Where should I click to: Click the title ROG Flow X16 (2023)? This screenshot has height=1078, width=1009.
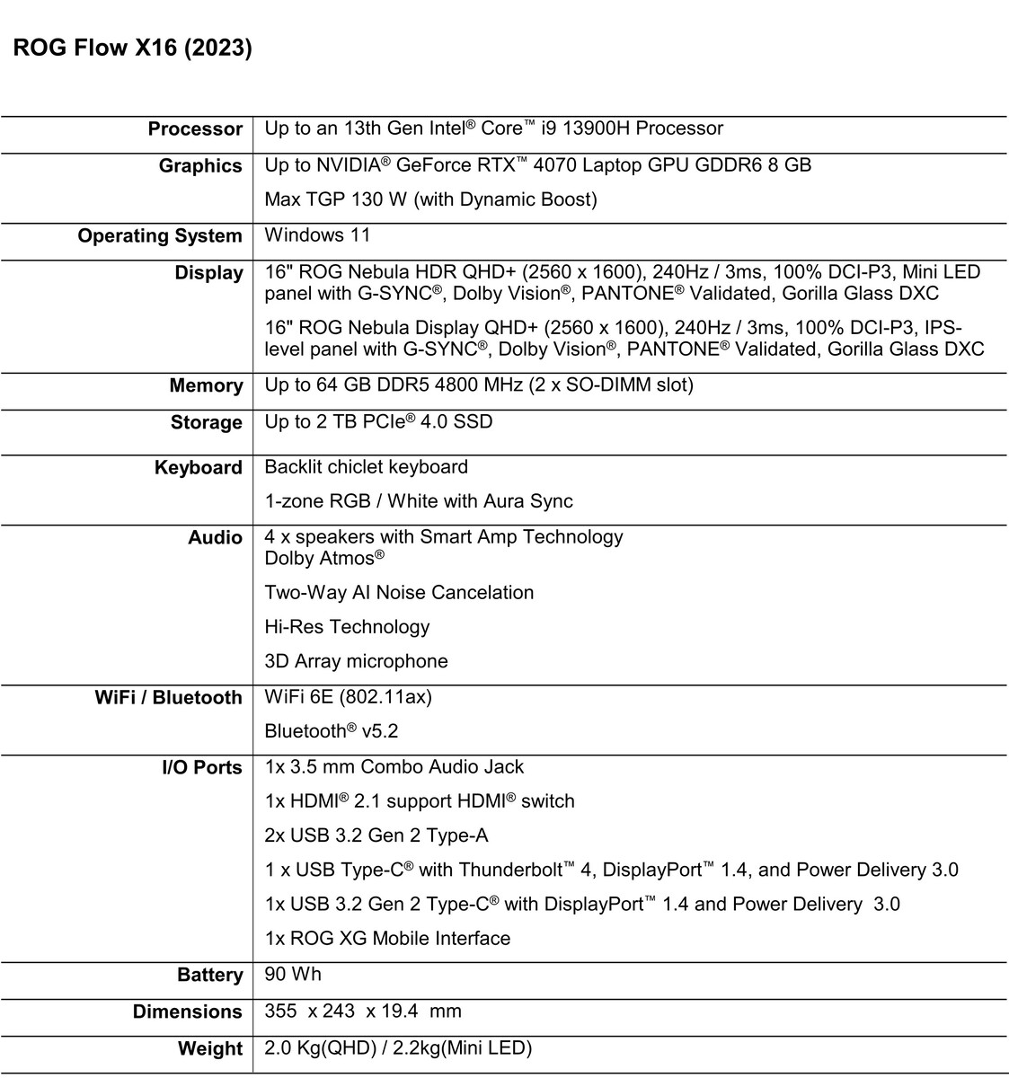point(132,49)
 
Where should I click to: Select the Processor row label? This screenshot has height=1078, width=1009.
point(195,129)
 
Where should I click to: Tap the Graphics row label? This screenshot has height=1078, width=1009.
point(200,166)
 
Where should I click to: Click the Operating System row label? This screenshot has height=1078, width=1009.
point(160,236)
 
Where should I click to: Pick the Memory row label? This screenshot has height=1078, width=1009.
point(206,386)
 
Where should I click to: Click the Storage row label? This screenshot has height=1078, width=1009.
point(207,423)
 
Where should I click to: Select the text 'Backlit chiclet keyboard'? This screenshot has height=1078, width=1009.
point(366,467)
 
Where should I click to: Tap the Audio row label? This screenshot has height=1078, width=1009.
point(215,538)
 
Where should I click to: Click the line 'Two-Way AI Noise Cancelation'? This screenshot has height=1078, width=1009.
point(399,593)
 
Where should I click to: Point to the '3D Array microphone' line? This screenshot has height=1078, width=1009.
point(356,661)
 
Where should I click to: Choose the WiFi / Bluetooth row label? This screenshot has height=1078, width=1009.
point(168,698)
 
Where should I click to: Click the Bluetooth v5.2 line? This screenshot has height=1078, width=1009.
point(331,731)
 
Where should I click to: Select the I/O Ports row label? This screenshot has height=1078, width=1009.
point(202,768)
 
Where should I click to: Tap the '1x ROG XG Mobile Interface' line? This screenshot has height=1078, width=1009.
point(387,939)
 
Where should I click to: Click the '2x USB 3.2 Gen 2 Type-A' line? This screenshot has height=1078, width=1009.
point(376,836)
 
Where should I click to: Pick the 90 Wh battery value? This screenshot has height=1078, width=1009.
point(293,975)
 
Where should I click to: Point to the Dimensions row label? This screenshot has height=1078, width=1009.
point(188,1012)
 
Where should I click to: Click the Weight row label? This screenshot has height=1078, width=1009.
point(210,1049)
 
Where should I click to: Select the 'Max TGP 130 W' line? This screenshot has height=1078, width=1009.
point(430,199)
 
